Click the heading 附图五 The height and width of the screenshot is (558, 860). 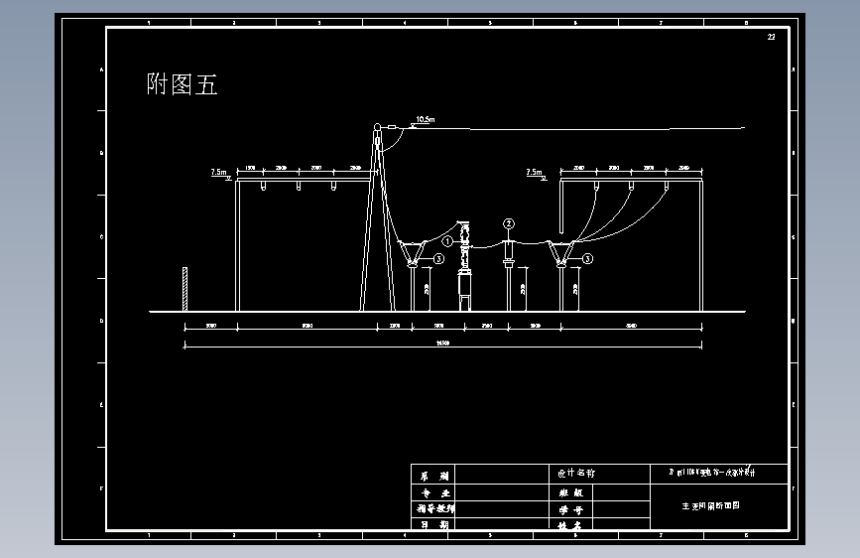182,85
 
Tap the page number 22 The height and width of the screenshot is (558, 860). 771,37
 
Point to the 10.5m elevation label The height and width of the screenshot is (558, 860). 425,120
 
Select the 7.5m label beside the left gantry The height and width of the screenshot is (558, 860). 219,172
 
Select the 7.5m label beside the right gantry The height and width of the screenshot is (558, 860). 535,172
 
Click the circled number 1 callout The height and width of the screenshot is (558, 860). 447,240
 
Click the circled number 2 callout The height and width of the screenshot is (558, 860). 509,223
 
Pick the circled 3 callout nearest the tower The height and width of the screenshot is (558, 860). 438,258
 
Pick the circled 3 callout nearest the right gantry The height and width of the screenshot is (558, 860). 587,258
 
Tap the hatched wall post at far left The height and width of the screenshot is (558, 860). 184,289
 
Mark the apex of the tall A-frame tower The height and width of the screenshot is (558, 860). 377,126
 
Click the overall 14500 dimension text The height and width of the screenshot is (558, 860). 443,344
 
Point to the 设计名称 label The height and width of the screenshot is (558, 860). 575,474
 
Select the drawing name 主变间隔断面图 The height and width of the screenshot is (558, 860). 710,505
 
